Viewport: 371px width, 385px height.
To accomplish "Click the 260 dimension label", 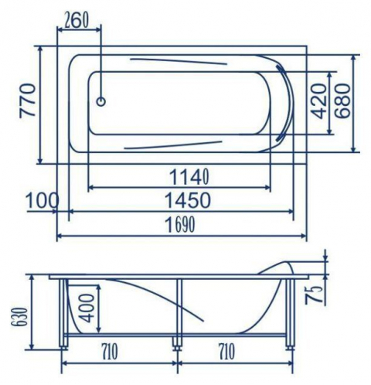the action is (x=77, y=21).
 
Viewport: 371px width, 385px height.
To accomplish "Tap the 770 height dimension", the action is (x=28, y=101).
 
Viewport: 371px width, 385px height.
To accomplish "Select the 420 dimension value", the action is (x=318, y=101).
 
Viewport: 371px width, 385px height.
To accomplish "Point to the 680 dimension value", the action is (x=343, y=101).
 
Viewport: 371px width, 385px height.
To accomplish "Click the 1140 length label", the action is (x=189, y=177).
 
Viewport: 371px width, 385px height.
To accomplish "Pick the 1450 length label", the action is (x=188, y=200).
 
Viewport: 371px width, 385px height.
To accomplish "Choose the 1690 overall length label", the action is (x=180, y=225).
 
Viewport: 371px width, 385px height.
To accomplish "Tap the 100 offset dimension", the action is (x=43, y=200).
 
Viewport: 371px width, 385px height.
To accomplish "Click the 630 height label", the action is (x=21, y=317).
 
